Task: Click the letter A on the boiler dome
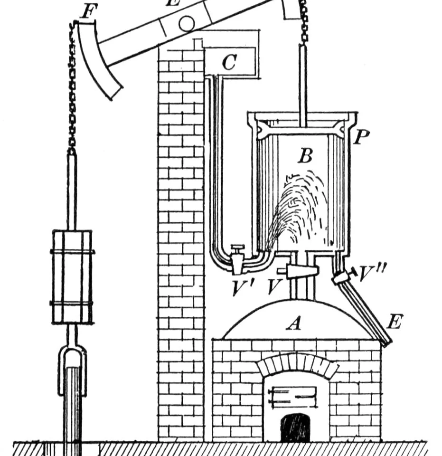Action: [295, 323]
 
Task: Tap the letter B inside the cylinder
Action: [304, 156]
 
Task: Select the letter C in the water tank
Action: [229, 62]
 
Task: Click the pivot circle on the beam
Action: [186, 22]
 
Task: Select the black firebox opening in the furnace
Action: [294, 428]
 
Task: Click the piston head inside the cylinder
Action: [302, 128]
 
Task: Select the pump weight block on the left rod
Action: [72, 276]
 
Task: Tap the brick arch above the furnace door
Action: [298, 365]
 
